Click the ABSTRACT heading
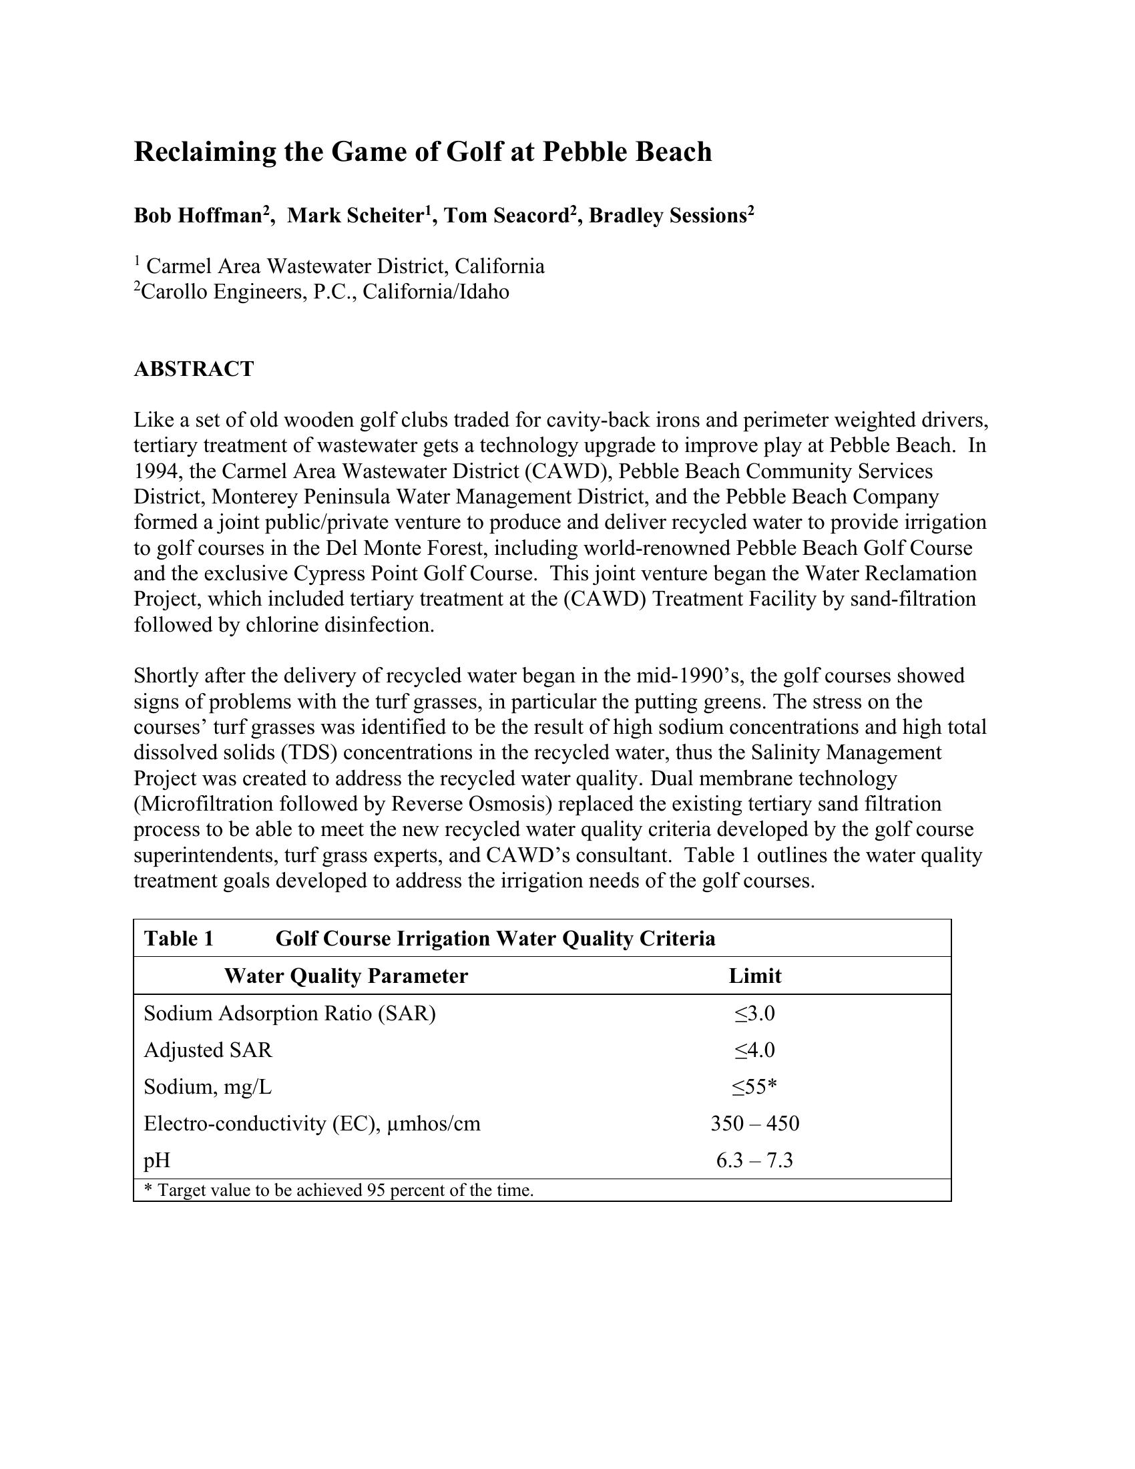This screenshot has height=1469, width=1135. [x=194, y=369]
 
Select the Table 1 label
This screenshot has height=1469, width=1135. [x=179, y=938]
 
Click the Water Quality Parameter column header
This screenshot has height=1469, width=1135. [x=346, y=976]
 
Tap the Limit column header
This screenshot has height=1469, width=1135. [x=754, y=976]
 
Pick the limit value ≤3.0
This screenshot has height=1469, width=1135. [x=754, y=1013]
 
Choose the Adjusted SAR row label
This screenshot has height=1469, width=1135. [x=208, y=1050]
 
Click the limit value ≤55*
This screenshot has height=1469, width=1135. [x=754, y=1087]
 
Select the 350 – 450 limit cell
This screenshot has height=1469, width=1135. [x=754, y=1123]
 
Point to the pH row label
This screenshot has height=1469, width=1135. [x=157, y=1161]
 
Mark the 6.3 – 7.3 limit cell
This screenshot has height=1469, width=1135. [x=754, y=1161]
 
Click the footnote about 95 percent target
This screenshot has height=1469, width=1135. [x=339, y=1191]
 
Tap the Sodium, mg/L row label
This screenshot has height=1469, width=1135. [x=208, y=1087]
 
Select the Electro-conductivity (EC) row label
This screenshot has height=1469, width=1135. [x=312, y=1123]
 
